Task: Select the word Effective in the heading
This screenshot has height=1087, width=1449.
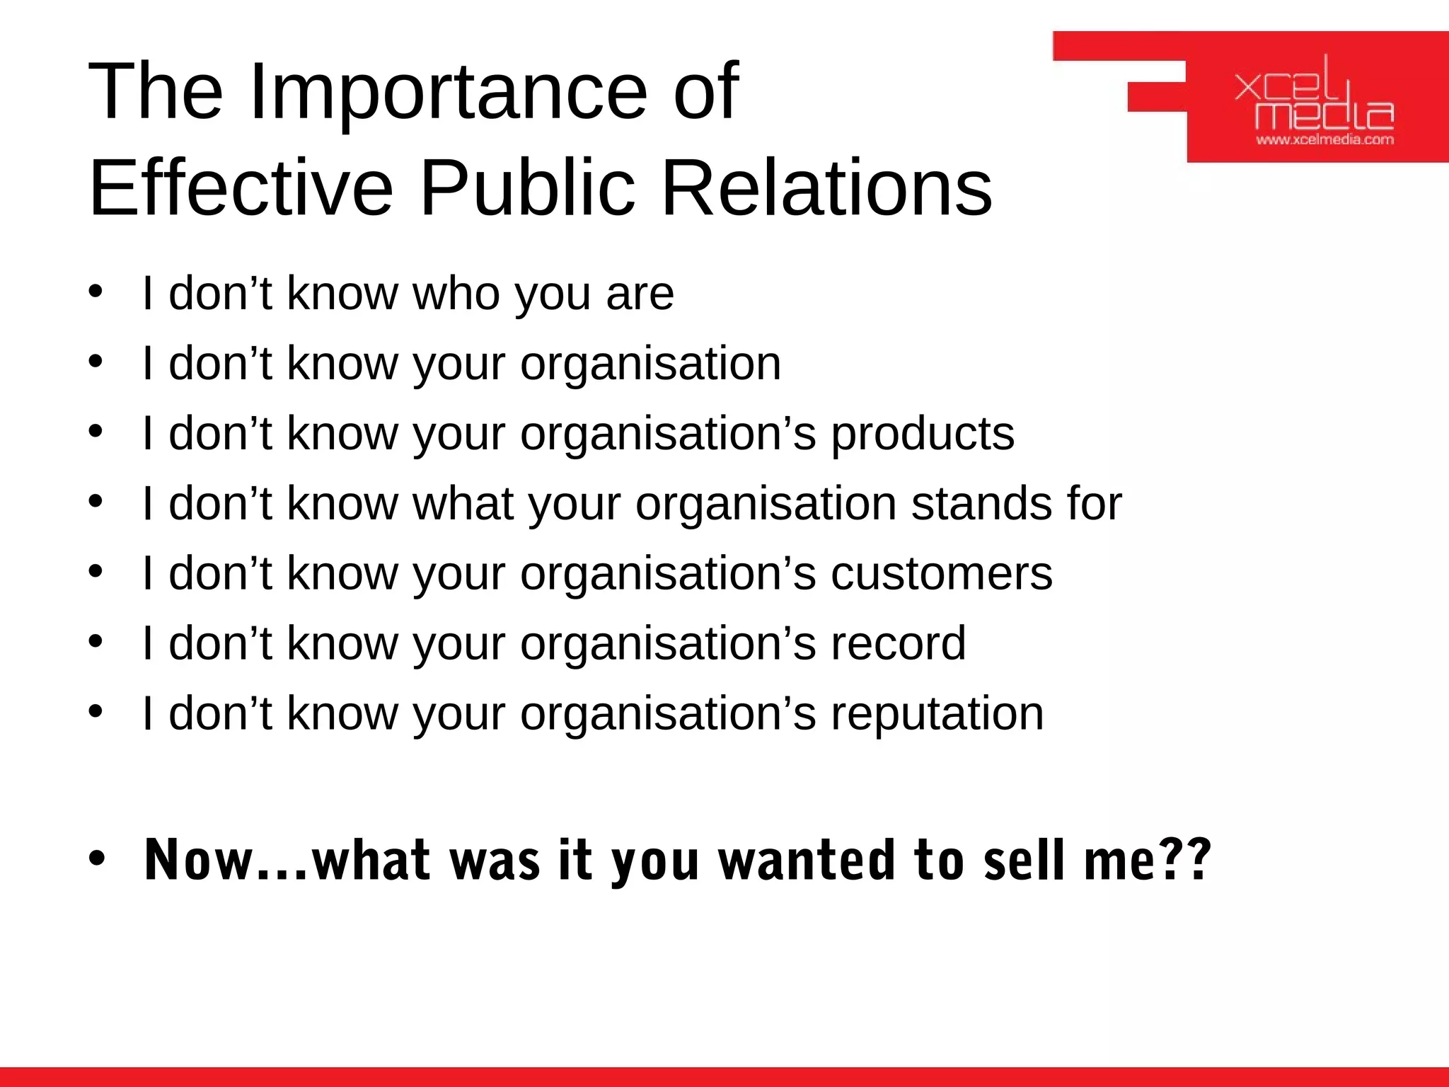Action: pos(241,188)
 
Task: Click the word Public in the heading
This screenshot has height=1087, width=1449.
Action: pos(528,188)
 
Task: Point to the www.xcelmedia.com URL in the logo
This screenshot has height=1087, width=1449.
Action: pos(1324,139)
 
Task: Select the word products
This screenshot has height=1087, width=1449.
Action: pos(922,434)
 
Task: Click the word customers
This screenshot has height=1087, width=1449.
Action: pos(941,573)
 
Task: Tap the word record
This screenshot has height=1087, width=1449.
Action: pos(898,643)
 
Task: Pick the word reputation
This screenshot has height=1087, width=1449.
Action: pos(937,713)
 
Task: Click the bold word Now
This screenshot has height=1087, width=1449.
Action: pos(198,861)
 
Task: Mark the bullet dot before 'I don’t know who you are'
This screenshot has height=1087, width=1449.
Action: pos(96,292)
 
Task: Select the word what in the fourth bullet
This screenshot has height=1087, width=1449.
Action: pos(463,503)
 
